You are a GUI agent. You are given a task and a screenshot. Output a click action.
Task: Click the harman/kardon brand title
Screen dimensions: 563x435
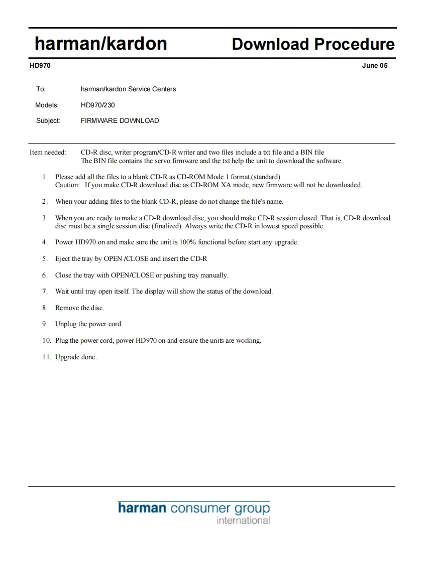click(x=100, y=44)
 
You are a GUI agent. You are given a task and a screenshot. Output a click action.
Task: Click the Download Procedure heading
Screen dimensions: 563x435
click(x=313, y=44)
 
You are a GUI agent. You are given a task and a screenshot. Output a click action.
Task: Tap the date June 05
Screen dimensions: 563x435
click(x=374, y=65)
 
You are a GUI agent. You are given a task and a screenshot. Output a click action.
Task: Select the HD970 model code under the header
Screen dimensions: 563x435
click(x=40, y=65)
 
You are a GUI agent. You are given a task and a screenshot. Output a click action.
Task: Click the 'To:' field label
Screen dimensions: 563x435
click(x=41, y=89)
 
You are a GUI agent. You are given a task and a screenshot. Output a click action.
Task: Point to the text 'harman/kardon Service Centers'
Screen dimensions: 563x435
click(x=128, y=89)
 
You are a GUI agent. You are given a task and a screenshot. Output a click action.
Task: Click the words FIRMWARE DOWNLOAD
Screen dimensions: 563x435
click(x=120, y=121)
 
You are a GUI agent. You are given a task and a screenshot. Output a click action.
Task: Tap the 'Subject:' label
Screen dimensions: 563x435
click(x=48, y=121)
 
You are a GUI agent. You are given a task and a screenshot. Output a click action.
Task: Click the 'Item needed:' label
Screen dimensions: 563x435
click(x=48, y=153)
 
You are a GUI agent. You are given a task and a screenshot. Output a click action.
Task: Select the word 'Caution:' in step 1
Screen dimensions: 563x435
click(x=67, y=185)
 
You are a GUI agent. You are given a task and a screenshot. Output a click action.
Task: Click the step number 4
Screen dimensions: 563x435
click(x=45, y=242)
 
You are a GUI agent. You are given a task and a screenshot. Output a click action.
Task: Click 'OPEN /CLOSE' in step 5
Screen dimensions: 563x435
click(x=126, y=259)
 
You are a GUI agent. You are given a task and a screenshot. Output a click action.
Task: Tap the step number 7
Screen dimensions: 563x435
click(x=45, y=292)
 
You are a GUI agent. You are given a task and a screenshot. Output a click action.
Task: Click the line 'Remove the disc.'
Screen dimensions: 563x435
click(x=79, y=308)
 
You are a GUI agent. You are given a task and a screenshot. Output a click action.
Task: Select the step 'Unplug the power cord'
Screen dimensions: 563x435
click(x=88, y=324)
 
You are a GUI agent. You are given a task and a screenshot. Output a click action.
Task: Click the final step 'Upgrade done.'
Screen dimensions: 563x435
click(x=76, y=357)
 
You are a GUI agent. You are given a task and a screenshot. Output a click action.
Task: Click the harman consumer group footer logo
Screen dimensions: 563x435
click(x=194, y=508)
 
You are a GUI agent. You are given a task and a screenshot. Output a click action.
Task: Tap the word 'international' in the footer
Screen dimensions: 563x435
click(x=243, y=521)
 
